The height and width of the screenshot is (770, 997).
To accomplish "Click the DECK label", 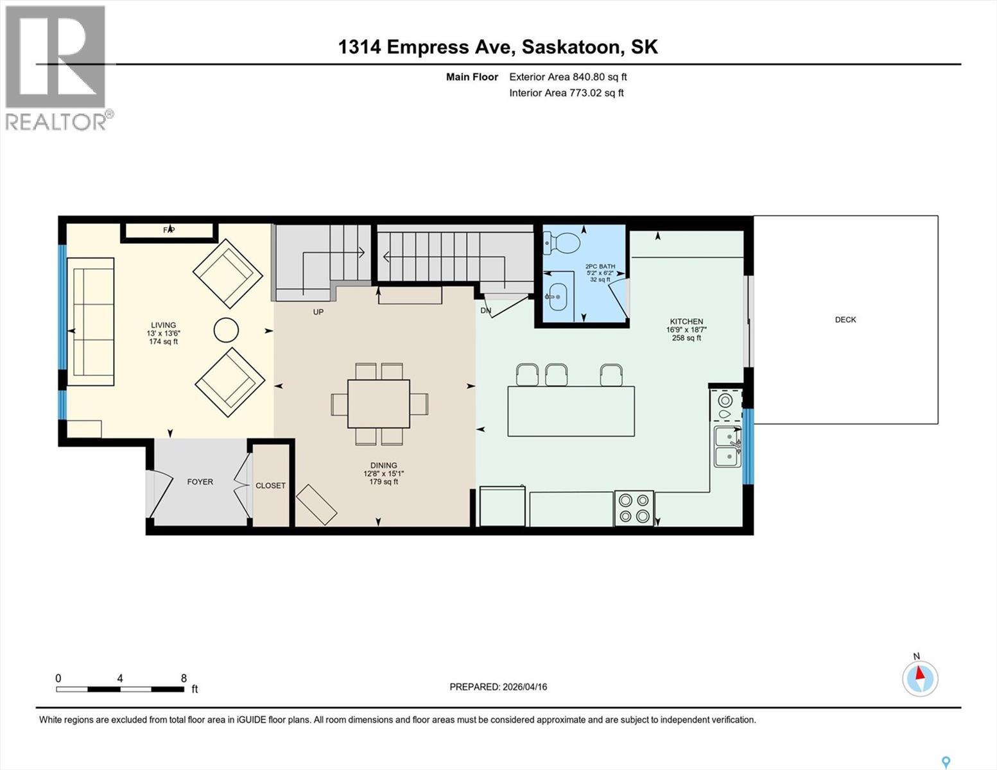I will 845,320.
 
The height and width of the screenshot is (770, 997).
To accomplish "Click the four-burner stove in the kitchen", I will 634,508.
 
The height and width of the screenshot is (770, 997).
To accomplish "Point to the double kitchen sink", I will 727,447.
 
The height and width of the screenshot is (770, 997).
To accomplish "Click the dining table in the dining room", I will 379,404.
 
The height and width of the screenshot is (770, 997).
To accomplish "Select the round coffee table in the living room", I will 226,330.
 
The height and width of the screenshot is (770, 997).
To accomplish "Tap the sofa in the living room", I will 91,321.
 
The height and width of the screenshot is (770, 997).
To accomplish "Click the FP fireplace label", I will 169,230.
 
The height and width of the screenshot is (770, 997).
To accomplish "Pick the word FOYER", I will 200,481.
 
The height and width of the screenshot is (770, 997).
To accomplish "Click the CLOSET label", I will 270,485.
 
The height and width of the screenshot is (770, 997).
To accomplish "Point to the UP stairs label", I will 318,312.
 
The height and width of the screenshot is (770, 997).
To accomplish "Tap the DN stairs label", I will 486,311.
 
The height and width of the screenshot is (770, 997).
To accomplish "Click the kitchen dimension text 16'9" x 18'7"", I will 686,330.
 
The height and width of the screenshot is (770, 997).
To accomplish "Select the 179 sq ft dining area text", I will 383,482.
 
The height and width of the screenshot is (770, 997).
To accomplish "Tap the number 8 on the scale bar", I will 184,678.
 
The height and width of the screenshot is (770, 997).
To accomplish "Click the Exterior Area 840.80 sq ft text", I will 568,77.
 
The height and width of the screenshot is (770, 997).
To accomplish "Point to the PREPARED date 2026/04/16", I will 498,687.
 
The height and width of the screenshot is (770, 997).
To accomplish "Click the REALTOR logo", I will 56,67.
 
